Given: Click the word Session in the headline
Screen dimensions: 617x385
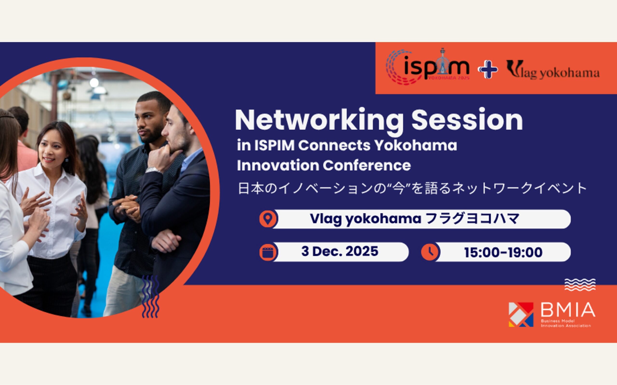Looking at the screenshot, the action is tap(467, 120).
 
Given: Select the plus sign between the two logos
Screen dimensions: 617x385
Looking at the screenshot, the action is tap(488, 69).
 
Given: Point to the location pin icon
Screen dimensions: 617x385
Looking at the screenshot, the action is tap(268, 219).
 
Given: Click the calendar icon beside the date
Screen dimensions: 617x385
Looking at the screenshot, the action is tap(268, 252).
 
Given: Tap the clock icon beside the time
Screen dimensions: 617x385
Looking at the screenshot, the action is tap(429, 252).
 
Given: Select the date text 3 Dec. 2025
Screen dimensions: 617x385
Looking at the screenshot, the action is tap(340, 252).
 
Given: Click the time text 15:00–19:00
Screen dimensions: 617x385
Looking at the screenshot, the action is tap(503, 253).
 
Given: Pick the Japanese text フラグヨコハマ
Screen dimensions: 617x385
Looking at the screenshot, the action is tap(472, 219).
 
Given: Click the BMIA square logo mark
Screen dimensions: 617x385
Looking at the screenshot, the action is tap(521, 314).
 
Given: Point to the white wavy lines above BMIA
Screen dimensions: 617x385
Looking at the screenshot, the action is tap(580, 285).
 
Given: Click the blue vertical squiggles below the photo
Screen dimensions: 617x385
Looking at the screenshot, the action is tap(150, 296).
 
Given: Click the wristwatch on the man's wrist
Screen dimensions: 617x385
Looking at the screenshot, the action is tap(154, 170).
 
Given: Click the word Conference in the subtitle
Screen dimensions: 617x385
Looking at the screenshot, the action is tap(367, 166).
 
